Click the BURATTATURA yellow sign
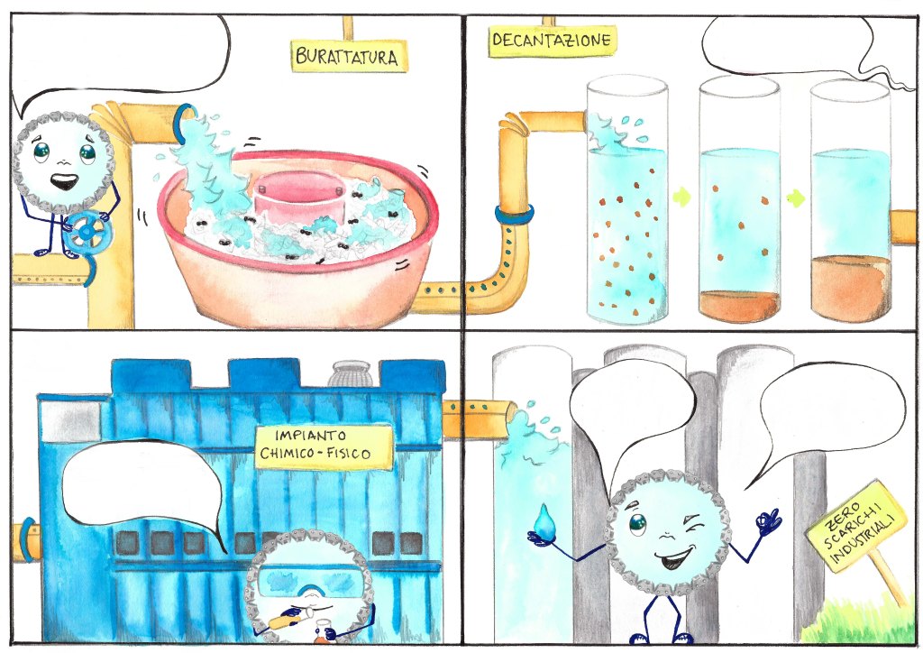349,56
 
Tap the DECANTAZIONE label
552,41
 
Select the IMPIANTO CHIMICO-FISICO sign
324,447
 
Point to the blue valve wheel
87,232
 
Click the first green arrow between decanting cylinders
682,197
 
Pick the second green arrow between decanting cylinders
795,198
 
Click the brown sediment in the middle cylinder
739,306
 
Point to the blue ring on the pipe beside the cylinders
515,215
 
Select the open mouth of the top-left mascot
64,180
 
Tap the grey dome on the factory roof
350,373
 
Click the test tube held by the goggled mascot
293,615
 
